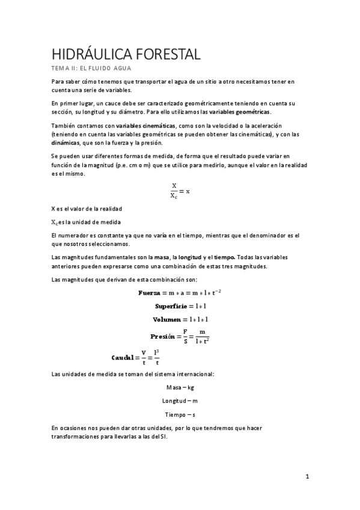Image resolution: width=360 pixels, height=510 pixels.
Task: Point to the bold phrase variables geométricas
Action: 240,112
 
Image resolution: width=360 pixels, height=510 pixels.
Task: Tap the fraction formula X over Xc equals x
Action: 180,191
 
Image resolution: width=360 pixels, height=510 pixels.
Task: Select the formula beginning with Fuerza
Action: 180,292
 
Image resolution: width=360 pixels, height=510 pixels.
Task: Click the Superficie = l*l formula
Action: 180,306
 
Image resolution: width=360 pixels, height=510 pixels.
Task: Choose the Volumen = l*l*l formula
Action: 180,319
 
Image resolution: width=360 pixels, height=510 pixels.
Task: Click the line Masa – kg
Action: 180,387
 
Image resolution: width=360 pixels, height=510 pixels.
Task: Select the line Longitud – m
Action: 180,401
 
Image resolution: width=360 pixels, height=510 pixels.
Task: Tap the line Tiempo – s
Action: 180,414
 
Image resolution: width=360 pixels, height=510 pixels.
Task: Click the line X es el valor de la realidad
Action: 87,209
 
